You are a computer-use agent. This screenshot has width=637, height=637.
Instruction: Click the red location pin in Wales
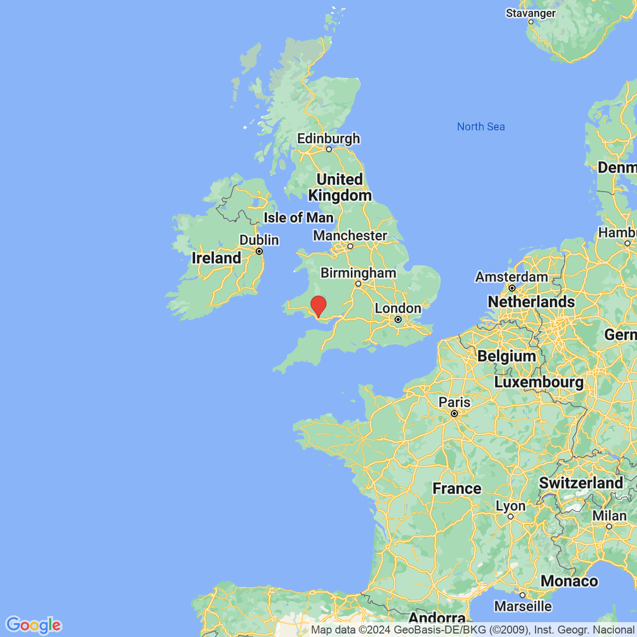click(318, 306)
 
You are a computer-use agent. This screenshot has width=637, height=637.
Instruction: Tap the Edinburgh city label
click(328, 139)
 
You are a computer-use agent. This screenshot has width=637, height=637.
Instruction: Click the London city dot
click(398, 320)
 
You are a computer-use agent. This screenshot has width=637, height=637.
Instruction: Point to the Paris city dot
click(454, 414)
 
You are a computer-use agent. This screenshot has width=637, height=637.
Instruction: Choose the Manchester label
click(350, 235)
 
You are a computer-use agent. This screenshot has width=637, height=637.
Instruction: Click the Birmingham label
click(358, 273)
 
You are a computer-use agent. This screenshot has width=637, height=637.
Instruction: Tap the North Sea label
click(481, 126)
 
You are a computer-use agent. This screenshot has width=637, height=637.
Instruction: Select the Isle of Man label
click(298, 218)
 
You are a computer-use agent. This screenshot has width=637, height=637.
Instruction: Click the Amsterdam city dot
click(512, 288)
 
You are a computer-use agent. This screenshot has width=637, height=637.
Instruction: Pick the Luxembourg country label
click(538, 382)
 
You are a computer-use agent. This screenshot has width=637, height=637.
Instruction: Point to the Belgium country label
click(506, 356)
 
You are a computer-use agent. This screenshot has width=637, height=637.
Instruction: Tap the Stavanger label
click(531, 13)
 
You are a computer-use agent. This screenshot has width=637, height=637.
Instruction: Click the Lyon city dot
click(511, 517)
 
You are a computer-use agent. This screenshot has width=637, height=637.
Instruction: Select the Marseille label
click(523, 606)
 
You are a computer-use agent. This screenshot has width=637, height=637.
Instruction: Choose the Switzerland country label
click(581, 483)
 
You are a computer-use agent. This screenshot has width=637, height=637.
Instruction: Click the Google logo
click(33, 625)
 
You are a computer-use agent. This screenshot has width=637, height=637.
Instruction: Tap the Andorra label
click(437, 618)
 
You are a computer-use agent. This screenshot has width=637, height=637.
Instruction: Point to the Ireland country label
click(216, 258)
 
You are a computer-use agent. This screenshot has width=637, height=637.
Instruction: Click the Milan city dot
click(609, 527)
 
